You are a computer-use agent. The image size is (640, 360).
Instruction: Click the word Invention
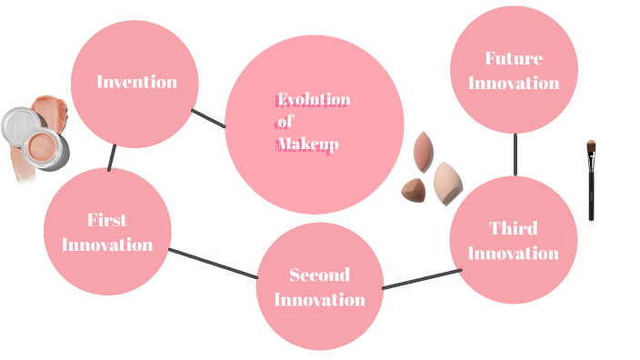136,82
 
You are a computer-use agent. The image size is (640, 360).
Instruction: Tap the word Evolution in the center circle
314,100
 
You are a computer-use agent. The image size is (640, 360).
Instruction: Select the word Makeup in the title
307,145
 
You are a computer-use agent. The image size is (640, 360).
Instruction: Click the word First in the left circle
106,220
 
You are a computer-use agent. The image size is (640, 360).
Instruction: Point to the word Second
319,275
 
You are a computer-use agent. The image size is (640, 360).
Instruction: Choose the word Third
513,228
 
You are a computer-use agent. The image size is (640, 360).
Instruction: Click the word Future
513,59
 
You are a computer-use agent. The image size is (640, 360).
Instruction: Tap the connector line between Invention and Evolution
208,118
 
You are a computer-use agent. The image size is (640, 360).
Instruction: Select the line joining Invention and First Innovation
111,158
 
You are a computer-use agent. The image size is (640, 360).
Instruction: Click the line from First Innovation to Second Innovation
214,264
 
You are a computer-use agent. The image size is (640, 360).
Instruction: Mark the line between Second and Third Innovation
421,279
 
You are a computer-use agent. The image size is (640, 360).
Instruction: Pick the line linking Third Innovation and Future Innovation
515,155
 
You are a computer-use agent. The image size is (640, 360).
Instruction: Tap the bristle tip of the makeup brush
591,145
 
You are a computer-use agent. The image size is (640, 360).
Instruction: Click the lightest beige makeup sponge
447,183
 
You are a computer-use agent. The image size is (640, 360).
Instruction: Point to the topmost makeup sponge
425,152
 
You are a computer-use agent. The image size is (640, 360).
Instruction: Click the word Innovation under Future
513,84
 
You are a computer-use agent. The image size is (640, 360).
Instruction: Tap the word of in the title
285,123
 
